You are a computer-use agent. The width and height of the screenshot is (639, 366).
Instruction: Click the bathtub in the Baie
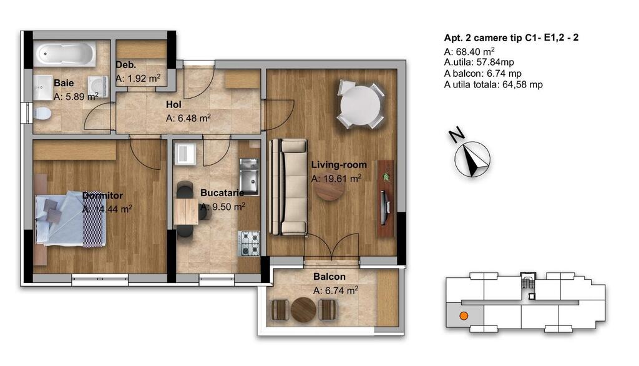point(65,54)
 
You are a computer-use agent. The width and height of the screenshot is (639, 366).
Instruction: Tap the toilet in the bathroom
point(42,114)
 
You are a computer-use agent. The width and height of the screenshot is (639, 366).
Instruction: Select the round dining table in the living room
point(360,106)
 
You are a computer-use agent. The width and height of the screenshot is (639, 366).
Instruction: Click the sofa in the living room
point(288,187)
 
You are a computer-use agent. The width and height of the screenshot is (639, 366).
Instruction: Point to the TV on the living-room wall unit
point(384,208)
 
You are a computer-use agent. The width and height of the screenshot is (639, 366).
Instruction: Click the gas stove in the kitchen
point(249,244)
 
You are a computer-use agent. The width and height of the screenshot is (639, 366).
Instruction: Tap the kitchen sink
point(249,176)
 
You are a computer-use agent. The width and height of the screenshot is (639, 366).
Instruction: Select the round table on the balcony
point(304,310)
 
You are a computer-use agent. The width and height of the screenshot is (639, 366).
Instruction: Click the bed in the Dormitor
point(70,220)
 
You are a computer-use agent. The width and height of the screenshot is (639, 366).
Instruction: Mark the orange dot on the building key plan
point(464,316)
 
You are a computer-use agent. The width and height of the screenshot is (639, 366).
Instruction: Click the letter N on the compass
point(457,135)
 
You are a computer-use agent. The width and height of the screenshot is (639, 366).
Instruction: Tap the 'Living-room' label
point(339,165)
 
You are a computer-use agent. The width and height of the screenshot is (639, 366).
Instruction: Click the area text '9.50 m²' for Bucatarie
point(228,207)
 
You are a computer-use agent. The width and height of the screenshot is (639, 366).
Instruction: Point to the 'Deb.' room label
point(125,65)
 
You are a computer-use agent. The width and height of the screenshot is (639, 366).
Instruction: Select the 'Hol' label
point(173,105)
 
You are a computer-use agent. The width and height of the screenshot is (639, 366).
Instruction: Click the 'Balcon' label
point(329,277)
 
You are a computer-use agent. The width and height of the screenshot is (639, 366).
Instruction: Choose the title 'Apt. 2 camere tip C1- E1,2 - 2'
point(511,38)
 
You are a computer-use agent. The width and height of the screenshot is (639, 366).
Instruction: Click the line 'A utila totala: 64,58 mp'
point(493,85)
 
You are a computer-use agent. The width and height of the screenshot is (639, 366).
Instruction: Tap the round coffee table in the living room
point(329,190)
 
